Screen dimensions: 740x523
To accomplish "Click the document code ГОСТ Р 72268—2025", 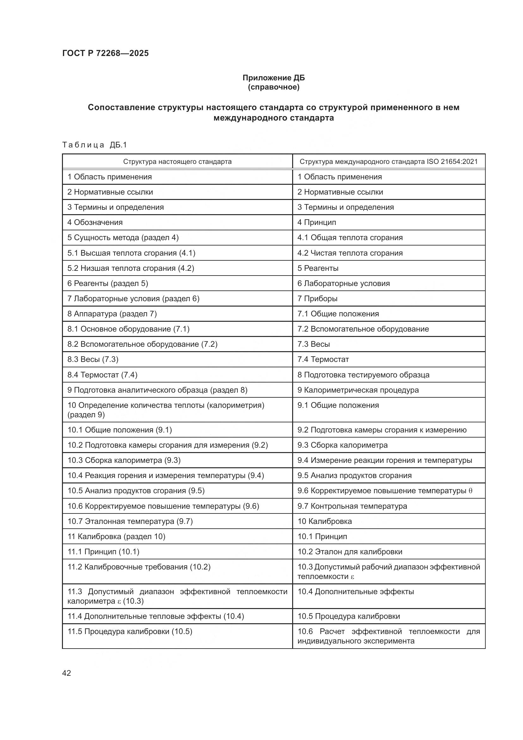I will tap(105, 53).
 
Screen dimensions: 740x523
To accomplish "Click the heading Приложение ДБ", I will tap(274, 78).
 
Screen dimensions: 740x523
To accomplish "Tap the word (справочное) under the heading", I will tap(274, 87).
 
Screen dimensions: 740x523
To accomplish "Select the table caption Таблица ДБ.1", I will tap(95, 145).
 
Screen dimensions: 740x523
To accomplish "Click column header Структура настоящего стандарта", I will tap(177, 161).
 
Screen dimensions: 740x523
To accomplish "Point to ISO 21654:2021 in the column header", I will tap(452, 161).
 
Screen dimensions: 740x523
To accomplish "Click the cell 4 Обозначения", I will tap(95, 222).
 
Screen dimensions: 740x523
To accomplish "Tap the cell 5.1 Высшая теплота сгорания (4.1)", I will tap(132, 253).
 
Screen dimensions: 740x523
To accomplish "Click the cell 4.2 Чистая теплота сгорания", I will tap(350, 253).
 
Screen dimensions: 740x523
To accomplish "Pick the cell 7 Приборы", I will tap(317, 298).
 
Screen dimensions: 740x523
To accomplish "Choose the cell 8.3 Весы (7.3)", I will tap(93, 359).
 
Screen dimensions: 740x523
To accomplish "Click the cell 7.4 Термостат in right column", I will tap(323, 359).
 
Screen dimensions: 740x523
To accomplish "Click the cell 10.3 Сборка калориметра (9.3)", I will tap(124, 460).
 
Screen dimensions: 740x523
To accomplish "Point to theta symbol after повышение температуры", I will tap(470, 491).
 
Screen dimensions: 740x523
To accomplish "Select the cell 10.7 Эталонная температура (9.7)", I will tap(130, 521).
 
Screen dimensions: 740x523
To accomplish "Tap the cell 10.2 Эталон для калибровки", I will tap(350, 551).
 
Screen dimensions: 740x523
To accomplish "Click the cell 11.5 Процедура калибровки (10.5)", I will tap(130, 631).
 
